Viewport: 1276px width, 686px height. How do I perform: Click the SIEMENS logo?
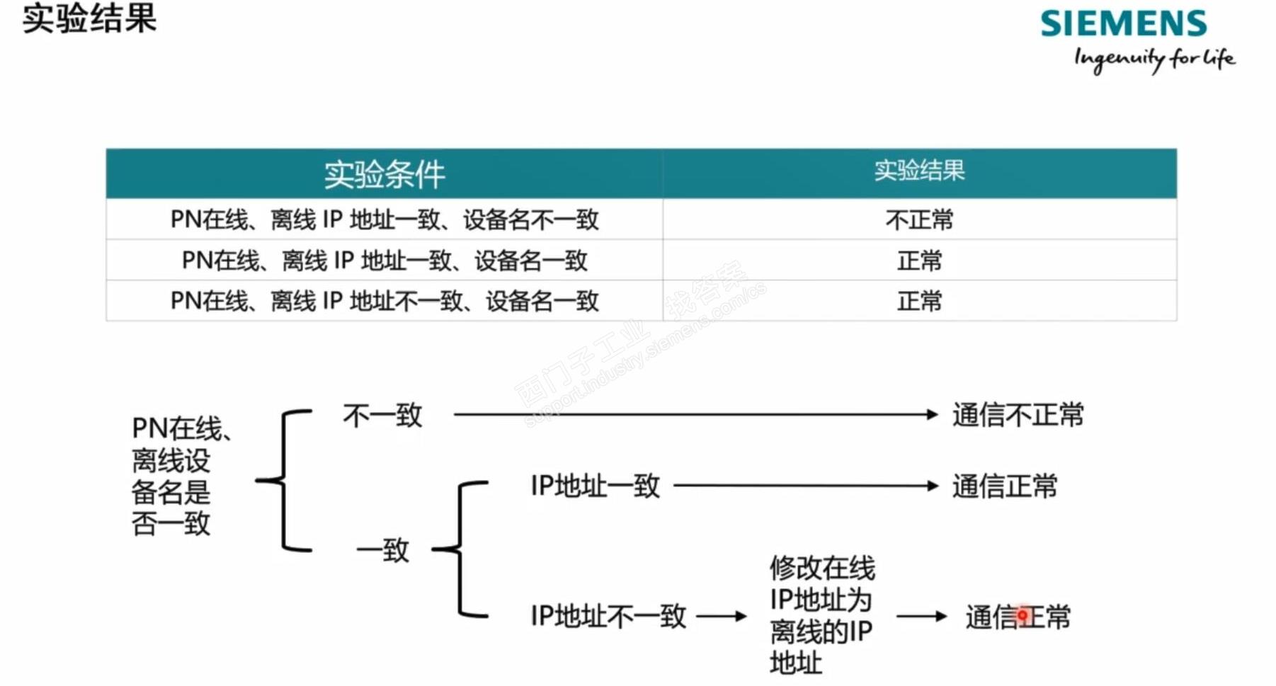coord(1123,23)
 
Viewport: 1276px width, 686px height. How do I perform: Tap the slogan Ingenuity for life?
coord(1154,59)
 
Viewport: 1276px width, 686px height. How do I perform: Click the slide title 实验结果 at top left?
coord(89,18)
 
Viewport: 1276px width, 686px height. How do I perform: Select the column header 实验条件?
coord(384,174)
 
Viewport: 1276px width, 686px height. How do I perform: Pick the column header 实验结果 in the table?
coord(919,171)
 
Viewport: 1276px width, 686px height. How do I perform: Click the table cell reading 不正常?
coord(919,220)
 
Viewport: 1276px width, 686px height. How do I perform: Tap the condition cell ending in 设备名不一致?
coord(384,220)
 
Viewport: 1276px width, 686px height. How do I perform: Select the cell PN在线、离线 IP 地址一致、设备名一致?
coord(384,261)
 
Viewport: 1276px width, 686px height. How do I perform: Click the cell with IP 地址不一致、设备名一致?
coord(384,302)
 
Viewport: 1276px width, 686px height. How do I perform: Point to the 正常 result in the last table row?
coord(919,302)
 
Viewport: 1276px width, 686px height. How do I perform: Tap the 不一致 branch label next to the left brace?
coord(382,416)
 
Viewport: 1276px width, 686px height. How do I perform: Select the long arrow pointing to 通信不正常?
coord(694,415)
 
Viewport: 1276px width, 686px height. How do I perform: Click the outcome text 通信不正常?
coord(1018,416)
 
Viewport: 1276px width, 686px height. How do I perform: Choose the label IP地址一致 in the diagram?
coord(595,486)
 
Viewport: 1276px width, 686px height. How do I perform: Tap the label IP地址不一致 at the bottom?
coord(608,617)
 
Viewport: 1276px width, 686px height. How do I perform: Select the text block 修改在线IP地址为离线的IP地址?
coord(821,615)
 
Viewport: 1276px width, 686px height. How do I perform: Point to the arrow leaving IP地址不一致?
coord(722,617)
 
